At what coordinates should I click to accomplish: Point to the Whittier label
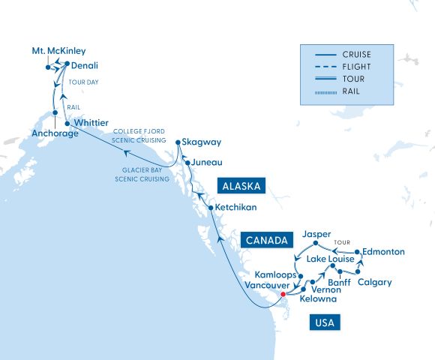pyautogui.click(x=90, y=122)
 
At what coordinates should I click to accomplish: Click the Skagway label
pyautogui.click(x=199, y=141)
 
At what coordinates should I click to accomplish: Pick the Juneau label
pyautogui.click(x=206, y=162)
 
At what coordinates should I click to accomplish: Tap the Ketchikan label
pyautogui.click(x=235, y=206)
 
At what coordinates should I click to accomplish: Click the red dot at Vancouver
pyautogui.click(x=283, y=295)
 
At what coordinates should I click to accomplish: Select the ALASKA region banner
pyautogui.click(x=241, y=184)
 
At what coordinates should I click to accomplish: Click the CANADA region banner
pyautogui.click(x=266, y=241)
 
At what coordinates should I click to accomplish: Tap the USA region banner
pyautogui.click(x=324, y=323)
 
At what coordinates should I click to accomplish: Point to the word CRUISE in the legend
pyautogui.click(x=356, y=54)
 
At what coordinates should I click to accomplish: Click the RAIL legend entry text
pyautogui.click(x=350, y=90)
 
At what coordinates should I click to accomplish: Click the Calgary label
pyautogui.click(x=375, y=283)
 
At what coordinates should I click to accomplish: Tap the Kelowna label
pyautogui.click(x=318, y=299)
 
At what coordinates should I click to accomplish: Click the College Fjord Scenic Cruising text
pyautogui.click(x=138, y=136)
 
